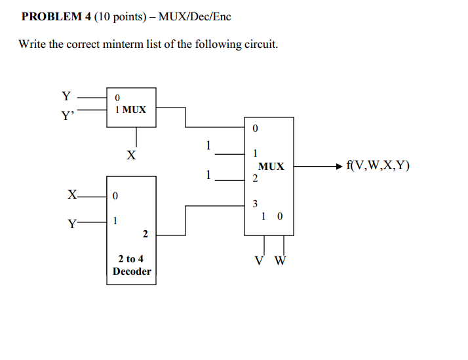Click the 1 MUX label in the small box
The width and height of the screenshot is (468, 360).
[130, 110]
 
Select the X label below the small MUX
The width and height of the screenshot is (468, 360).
[131, 155]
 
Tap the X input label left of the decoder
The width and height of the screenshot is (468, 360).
[72, 195]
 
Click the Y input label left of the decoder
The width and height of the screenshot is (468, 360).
[71, 223]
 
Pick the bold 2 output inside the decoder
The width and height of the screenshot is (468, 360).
[145, 233]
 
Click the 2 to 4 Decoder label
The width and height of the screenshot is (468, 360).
[132, 265]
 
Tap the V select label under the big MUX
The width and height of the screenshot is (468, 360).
[261, 260]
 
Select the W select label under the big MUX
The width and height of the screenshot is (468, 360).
[280, 260]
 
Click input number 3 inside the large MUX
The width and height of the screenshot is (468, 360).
[255, 203]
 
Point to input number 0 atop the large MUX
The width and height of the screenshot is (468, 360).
[255, 129]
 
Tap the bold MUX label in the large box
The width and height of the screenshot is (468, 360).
[271, 167]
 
